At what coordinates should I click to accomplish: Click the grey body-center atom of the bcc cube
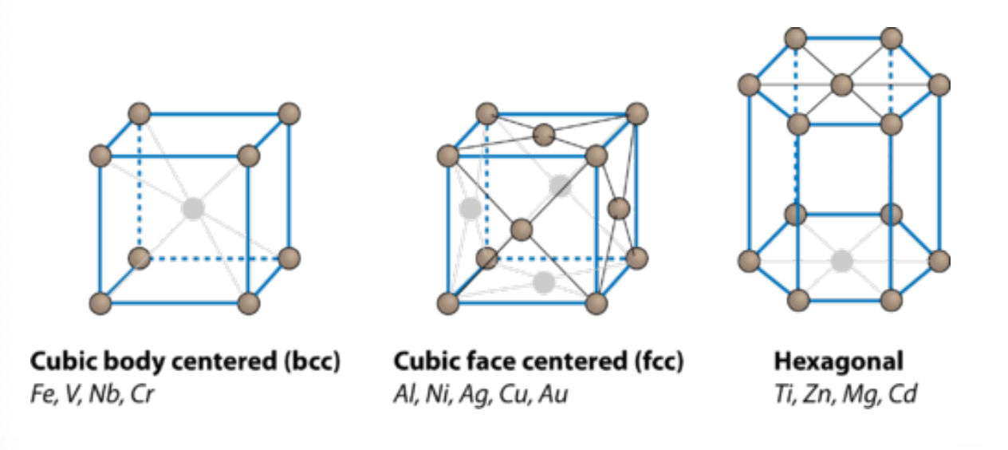[x=192, y=209]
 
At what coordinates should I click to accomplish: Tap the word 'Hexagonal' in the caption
[x=838, y=361]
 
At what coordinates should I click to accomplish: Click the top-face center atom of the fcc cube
[x=544, y=134]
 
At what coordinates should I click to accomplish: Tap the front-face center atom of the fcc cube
[x=522, y=230]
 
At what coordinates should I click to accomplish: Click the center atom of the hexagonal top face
[x=842, y=85]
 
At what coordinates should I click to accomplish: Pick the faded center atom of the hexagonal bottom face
[x=841, y=261]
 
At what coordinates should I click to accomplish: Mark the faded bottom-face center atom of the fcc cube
[x=544, y=282]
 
